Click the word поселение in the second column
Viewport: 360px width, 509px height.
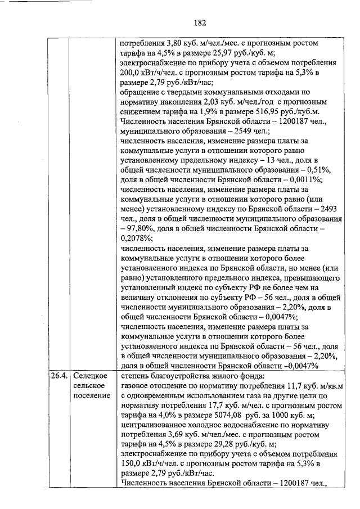pos(92,395)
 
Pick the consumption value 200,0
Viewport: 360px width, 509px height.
pos(132,73)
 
